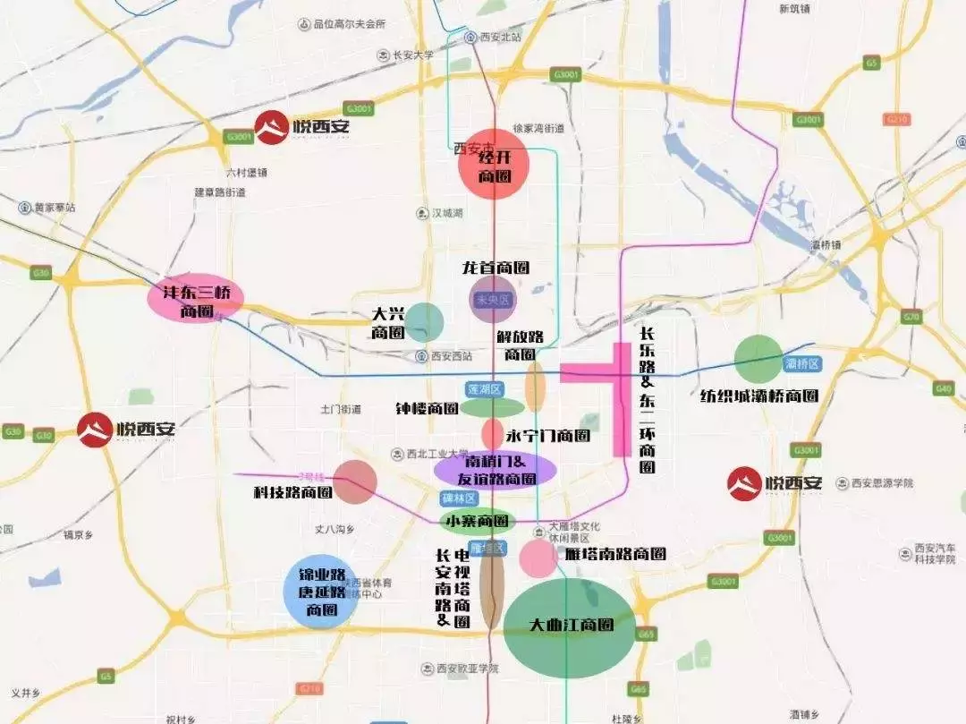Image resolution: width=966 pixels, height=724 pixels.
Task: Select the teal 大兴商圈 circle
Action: [425, 321]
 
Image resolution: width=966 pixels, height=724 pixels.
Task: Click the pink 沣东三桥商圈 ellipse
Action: [195, 298]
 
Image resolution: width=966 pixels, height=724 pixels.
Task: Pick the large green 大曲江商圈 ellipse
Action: [569, 627]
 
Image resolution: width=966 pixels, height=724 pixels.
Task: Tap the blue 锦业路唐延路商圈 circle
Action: [320, 592]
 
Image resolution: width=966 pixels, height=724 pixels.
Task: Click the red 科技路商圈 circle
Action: [355, 481]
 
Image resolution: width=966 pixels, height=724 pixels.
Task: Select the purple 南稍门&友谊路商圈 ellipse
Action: [495, 469]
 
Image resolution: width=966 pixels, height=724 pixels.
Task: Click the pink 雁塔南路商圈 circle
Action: [538, 558]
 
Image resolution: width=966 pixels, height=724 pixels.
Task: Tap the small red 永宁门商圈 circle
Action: [493, 434]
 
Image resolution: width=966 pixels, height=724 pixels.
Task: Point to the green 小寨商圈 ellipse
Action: [479, 521]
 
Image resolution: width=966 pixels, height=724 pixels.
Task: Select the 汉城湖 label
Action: [446, 213]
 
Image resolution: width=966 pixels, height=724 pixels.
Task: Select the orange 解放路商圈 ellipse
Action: [535, 388]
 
